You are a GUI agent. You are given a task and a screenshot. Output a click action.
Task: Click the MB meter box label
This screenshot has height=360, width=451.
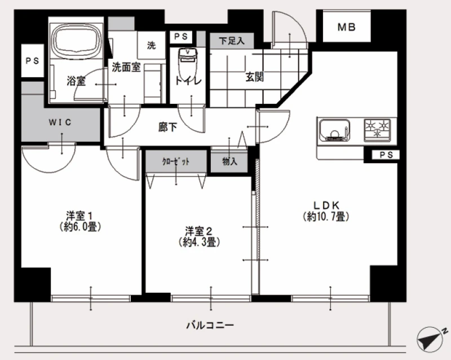click(346, 27)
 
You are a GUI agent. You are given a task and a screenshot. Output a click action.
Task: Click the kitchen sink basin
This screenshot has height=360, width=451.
click(334, 131)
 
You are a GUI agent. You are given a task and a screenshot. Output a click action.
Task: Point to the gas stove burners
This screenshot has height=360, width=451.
click(377, 130)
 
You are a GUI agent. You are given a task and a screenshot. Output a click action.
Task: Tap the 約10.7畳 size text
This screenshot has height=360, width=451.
click(326, 217)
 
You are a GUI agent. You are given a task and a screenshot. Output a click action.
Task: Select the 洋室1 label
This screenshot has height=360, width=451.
click(79, 216)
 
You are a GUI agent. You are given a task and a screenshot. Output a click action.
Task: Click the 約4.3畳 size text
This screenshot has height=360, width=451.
click(199, 242)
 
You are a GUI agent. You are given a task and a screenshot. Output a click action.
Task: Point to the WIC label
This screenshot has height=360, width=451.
click(60, 122)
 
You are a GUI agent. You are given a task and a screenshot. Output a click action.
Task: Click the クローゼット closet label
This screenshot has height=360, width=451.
click(176, 161)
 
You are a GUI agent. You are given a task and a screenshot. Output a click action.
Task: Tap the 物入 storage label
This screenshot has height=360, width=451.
click(229, 162)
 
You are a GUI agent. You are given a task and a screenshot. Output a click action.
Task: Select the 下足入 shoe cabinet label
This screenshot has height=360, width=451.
click(232, 41)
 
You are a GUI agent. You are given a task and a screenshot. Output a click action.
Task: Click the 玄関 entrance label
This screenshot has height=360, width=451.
click(254, 77)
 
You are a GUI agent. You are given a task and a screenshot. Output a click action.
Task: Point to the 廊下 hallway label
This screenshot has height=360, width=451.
click(167, 127)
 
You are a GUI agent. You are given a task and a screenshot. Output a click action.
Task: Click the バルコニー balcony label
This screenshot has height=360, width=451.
click(210, 326)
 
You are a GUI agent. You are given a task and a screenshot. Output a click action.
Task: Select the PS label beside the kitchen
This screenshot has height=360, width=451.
click(386, 155)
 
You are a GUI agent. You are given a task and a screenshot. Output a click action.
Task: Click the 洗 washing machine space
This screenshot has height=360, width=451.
click(151, 45)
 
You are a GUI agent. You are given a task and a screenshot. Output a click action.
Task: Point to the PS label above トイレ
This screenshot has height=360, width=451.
click(181, 37)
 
